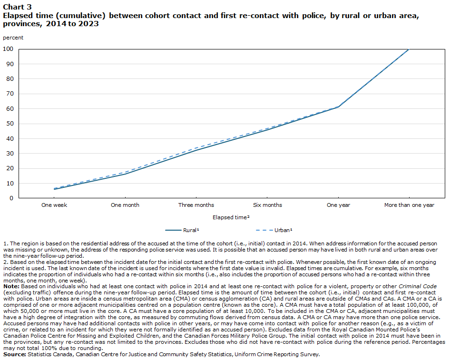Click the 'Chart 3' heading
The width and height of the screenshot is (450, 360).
(17, 7)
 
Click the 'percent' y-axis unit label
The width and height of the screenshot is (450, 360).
(13, 38)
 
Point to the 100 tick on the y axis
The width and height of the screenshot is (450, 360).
(8, 49)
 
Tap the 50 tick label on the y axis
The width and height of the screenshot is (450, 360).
(10, 124)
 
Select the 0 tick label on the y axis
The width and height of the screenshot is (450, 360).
(11, 198)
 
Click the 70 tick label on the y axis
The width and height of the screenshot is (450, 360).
(10, 94)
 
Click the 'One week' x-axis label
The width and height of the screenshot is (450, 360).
(54, 205)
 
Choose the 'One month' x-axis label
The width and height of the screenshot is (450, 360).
(125, 205)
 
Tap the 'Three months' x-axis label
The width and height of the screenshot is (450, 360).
(196, 205)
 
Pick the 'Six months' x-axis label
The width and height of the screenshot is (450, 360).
(267, 205)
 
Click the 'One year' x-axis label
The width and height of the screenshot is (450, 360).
(338, 205)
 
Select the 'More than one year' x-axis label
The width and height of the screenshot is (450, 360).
(409, 205)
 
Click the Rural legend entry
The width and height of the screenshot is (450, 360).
(182, 230)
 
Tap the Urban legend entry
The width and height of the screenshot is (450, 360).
(274, 230)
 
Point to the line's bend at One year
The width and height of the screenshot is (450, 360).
(339, 107)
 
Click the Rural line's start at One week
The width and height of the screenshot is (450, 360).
(54, 189)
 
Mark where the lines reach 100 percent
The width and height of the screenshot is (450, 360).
(409, 49)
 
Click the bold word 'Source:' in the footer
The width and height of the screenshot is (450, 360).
(15, 354)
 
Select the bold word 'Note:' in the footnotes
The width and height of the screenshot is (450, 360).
(11, 286)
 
